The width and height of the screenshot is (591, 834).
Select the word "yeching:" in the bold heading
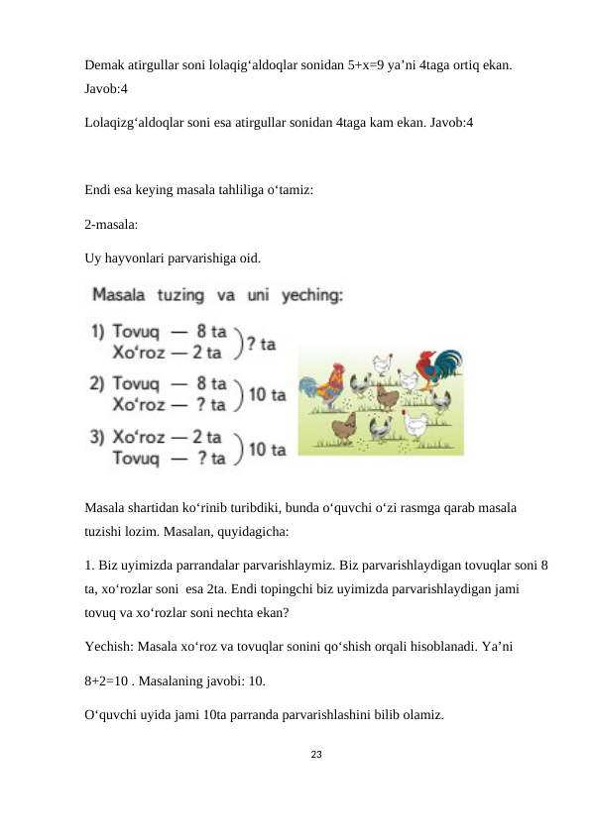coord(313,295)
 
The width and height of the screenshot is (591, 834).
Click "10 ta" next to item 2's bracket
coord(267,395)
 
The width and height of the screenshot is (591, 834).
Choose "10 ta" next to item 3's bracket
coord(267,449)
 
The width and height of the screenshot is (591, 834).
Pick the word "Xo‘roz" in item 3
coord(140,436)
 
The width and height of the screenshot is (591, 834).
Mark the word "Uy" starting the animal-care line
coord(93,260)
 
